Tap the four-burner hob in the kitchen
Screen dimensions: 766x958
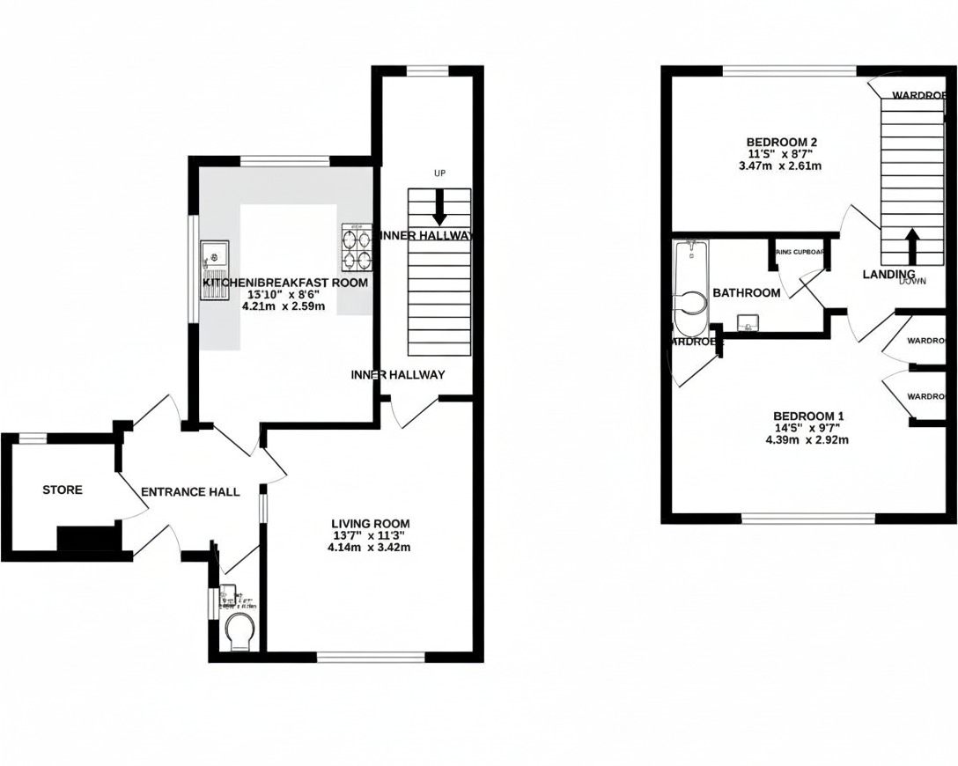coord(357,248)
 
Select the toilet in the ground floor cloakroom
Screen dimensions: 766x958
coord(239,631)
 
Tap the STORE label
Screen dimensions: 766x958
coord(63,490)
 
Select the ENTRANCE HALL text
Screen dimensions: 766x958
coord(190,492)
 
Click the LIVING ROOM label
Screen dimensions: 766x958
coord(370,524)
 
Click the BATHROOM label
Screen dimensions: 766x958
coord(746,292)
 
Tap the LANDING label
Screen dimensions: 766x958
coord(888,275)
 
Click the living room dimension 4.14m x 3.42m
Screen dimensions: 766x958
coord(370,547)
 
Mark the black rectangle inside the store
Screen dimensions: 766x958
coord(87,538)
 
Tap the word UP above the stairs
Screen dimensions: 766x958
coord(438,173)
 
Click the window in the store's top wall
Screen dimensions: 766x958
coord(33,438)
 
